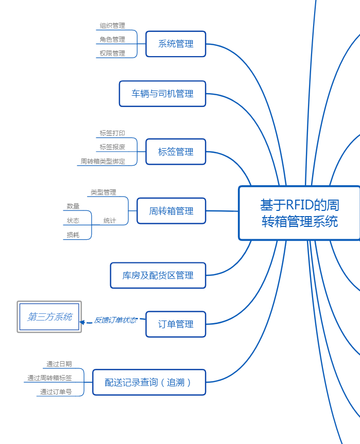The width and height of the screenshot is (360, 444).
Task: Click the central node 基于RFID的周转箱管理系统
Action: (x=299, y=213)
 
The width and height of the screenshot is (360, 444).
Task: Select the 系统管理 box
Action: (x=176, y=44)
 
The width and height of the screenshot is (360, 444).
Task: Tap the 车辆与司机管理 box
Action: (x=162, y=94)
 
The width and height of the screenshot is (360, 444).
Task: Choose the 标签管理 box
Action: (x=176, y=152)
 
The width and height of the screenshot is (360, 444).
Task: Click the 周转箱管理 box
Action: (x=171, y=211)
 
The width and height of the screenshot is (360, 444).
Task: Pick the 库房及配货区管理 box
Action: (x=158, y=275)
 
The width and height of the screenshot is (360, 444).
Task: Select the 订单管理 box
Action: (x=176, y=324)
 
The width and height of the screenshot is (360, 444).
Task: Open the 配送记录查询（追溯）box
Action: (x=149, y=382)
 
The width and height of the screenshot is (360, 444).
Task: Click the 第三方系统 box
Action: (x=49, y=317)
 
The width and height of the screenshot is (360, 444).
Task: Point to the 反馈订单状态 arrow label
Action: (x=115, y=320)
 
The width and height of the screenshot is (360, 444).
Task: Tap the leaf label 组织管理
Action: (x=112, y=26)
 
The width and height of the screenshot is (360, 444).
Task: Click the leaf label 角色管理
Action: (x=112, y=40)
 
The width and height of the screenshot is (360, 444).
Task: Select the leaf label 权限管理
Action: (x=112, y=54)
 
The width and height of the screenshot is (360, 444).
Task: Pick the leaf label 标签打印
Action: (x=112, y=133)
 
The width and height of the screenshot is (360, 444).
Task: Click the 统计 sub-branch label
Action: (x=109, y=221)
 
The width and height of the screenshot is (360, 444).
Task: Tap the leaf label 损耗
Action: (x=73, y=235)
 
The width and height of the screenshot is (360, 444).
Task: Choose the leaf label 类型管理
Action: (x=104, y=192)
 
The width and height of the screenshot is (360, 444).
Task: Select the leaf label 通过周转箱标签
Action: (x=49, y=378)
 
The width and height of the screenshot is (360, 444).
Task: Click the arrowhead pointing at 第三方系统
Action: (x=82, y=323)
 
